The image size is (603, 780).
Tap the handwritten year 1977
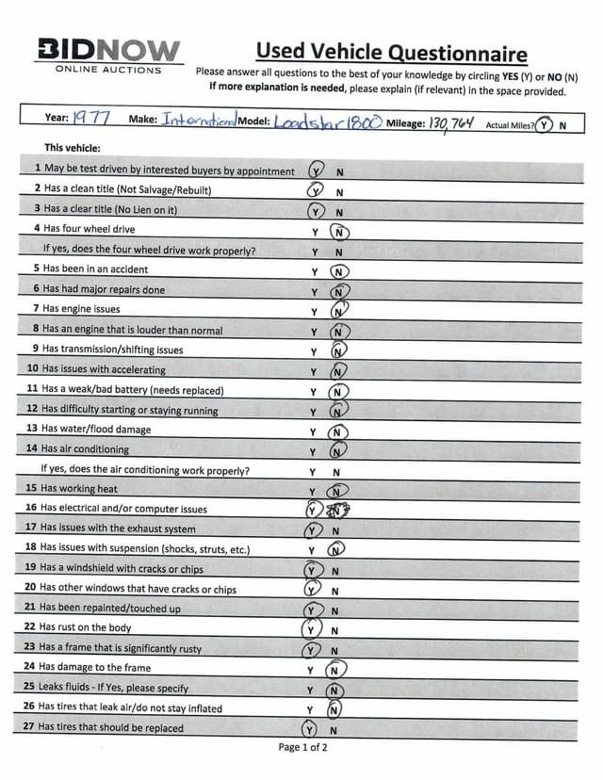point(92,119)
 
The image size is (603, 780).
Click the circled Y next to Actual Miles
point(544,125)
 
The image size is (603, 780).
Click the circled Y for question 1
point(317,171)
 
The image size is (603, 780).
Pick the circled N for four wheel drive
point(339,231)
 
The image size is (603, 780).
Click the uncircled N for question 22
point(334,630)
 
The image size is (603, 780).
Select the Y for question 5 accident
point(315,271)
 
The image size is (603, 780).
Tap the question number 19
point(31,568)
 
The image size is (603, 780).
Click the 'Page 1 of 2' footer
point(302,748)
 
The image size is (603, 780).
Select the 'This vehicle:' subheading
point(73,148)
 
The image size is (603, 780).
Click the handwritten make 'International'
point(198,121)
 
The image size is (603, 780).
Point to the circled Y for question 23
point(310,650)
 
